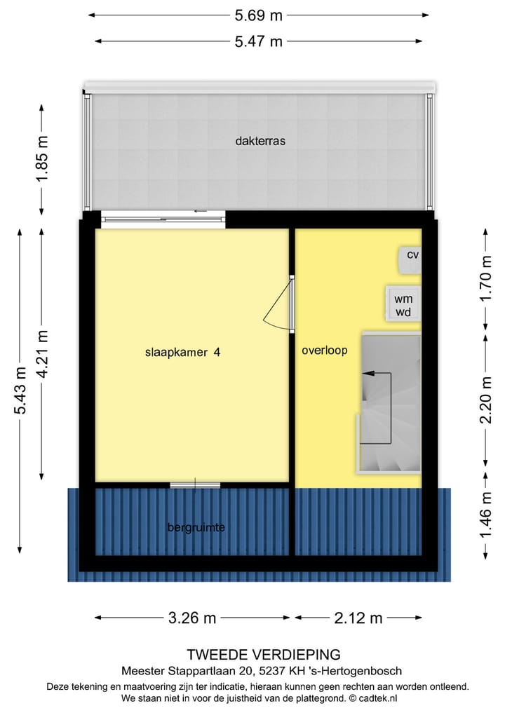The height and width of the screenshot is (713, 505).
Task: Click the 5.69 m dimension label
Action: (x=259, y=14)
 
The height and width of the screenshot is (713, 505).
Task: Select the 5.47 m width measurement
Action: (x=259, y=41)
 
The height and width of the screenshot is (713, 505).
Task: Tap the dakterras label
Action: (x=260, y=141)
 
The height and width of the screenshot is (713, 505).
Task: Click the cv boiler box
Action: (x=412, y=254)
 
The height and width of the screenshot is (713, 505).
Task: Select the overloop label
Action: (x=325, y=351)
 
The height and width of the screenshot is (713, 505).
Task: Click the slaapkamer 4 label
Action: (x=183, y=353)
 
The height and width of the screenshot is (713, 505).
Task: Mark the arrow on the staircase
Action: (x=368, y=374)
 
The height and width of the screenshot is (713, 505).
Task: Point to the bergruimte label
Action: (x=196, y=527)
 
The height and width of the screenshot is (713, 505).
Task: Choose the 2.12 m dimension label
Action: (x=358, y=618)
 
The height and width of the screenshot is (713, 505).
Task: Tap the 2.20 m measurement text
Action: (x=485, y=401)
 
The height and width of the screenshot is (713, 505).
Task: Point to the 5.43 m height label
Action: (x=20, y=391)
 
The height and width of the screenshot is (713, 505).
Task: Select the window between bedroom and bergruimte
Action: (x=195, y=484)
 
